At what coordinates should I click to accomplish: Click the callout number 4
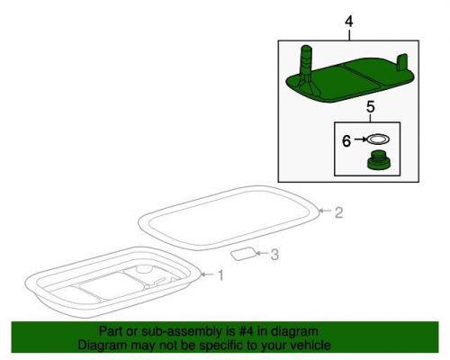[x=349, y=22]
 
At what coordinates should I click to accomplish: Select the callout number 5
[x=371, y=107]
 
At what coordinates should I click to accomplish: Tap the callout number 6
[x=346, y=140]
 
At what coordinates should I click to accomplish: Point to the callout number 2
[x=338, y=212]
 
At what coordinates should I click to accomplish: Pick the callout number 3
[x=274, y=255]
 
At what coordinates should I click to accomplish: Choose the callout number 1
[x=220, y=275]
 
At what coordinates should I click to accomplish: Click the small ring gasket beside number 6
[x=378, y=139]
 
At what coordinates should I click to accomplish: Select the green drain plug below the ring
[x=379, y=161]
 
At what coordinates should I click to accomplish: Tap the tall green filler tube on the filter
[x=307, y=65]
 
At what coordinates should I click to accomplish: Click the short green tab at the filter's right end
[x=402, y=62]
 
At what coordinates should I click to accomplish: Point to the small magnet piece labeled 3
[x=244, y=254]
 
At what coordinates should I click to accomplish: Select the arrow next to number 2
[x=325, y=211]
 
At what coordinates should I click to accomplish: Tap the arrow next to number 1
[x=208, y=274]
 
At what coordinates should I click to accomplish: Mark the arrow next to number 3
[x=262, y=254]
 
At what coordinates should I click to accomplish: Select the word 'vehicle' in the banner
[x=312, y=345]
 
